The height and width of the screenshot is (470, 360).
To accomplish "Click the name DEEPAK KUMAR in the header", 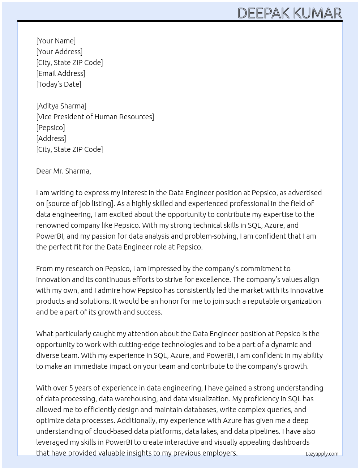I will [290, 13].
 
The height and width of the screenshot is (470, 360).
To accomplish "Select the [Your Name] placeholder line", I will [56, 41].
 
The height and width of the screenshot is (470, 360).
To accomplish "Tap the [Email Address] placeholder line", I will [61, 73].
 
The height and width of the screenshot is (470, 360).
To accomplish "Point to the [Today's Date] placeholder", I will [59, 84].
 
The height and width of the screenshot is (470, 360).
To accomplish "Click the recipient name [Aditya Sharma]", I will [61, 106].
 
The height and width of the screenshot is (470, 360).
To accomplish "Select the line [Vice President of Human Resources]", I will [95, 117].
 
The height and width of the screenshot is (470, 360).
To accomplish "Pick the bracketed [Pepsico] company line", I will [51, 128].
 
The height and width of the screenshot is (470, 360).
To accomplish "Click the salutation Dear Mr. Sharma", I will [63, 171].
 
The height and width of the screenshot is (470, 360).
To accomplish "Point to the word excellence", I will [212, 279].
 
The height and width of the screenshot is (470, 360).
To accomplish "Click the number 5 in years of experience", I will [71, 388].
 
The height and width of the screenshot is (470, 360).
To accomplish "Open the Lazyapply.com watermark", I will [322, 454].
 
